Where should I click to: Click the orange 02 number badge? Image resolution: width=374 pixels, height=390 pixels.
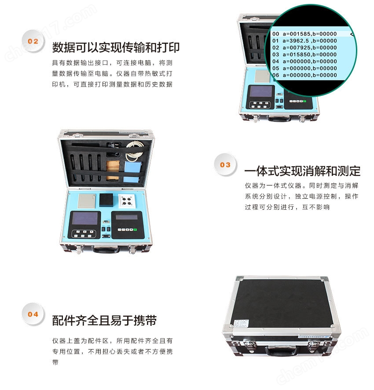33,41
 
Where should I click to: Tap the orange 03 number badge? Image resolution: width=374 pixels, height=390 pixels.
225,164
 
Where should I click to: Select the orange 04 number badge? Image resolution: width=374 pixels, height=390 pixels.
33,314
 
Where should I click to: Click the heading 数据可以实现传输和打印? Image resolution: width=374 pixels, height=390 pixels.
116,47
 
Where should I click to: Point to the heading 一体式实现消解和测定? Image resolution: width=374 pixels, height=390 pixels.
302,171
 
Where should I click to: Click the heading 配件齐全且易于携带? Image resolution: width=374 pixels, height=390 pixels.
104,321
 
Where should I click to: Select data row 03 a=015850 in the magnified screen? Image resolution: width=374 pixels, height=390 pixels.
304,55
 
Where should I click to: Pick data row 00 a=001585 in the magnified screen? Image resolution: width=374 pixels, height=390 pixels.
304,34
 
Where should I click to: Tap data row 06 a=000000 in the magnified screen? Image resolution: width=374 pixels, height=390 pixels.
304,75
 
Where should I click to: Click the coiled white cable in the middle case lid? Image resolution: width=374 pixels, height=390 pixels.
134,151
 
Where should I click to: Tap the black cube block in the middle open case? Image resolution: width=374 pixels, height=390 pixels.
106,200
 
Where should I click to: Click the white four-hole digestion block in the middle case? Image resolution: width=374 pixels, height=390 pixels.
127,201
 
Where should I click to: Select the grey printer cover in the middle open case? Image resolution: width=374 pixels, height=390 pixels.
87,201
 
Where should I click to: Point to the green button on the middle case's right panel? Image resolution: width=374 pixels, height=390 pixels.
135,230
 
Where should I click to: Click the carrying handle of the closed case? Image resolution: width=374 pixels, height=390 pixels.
281,351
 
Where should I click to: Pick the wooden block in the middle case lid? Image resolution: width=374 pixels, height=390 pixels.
113,170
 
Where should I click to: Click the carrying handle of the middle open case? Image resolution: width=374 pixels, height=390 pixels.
106,249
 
